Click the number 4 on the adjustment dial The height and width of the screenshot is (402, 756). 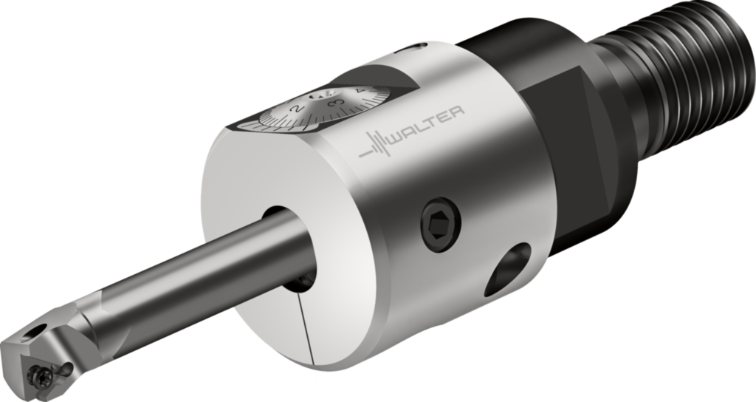(358, 90)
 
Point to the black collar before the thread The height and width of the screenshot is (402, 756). (628, 111)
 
